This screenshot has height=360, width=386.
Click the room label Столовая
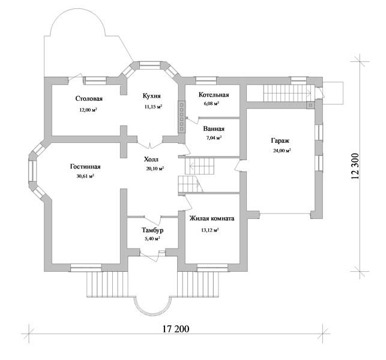click(89, 98)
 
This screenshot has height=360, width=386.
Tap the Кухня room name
click(152, 95)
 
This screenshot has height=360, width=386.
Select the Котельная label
click(214, 95)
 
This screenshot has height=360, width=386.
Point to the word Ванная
click(214, 128)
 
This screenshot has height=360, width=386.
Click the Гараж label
click(280, 141)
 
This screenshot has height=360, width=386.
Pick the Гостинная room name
click(85, 167)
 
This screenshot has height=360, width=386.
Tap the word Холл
click(151, 160)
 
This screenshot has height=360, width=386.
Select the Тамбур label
click(152, 230)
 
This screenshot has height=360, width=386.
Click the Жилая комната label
click(212, 218)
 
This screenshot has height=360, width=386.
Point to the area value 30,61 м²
click(85, 176)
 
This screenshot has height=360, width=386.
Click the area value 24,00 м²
click(282, 151)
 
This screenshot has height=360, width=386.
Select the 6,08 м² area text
click(211, 104)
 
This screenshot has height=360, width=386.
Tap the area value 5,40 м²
click(152, 238)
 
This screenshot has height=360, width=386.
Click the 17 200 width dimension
click(176, 329)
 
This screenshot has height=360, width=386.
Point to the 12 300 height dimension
click(355, 166)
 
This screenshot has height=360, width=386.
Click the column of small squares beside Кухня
click(182, 117)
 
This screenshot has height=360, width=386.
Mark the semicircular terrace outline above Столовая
click(78, 22)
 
